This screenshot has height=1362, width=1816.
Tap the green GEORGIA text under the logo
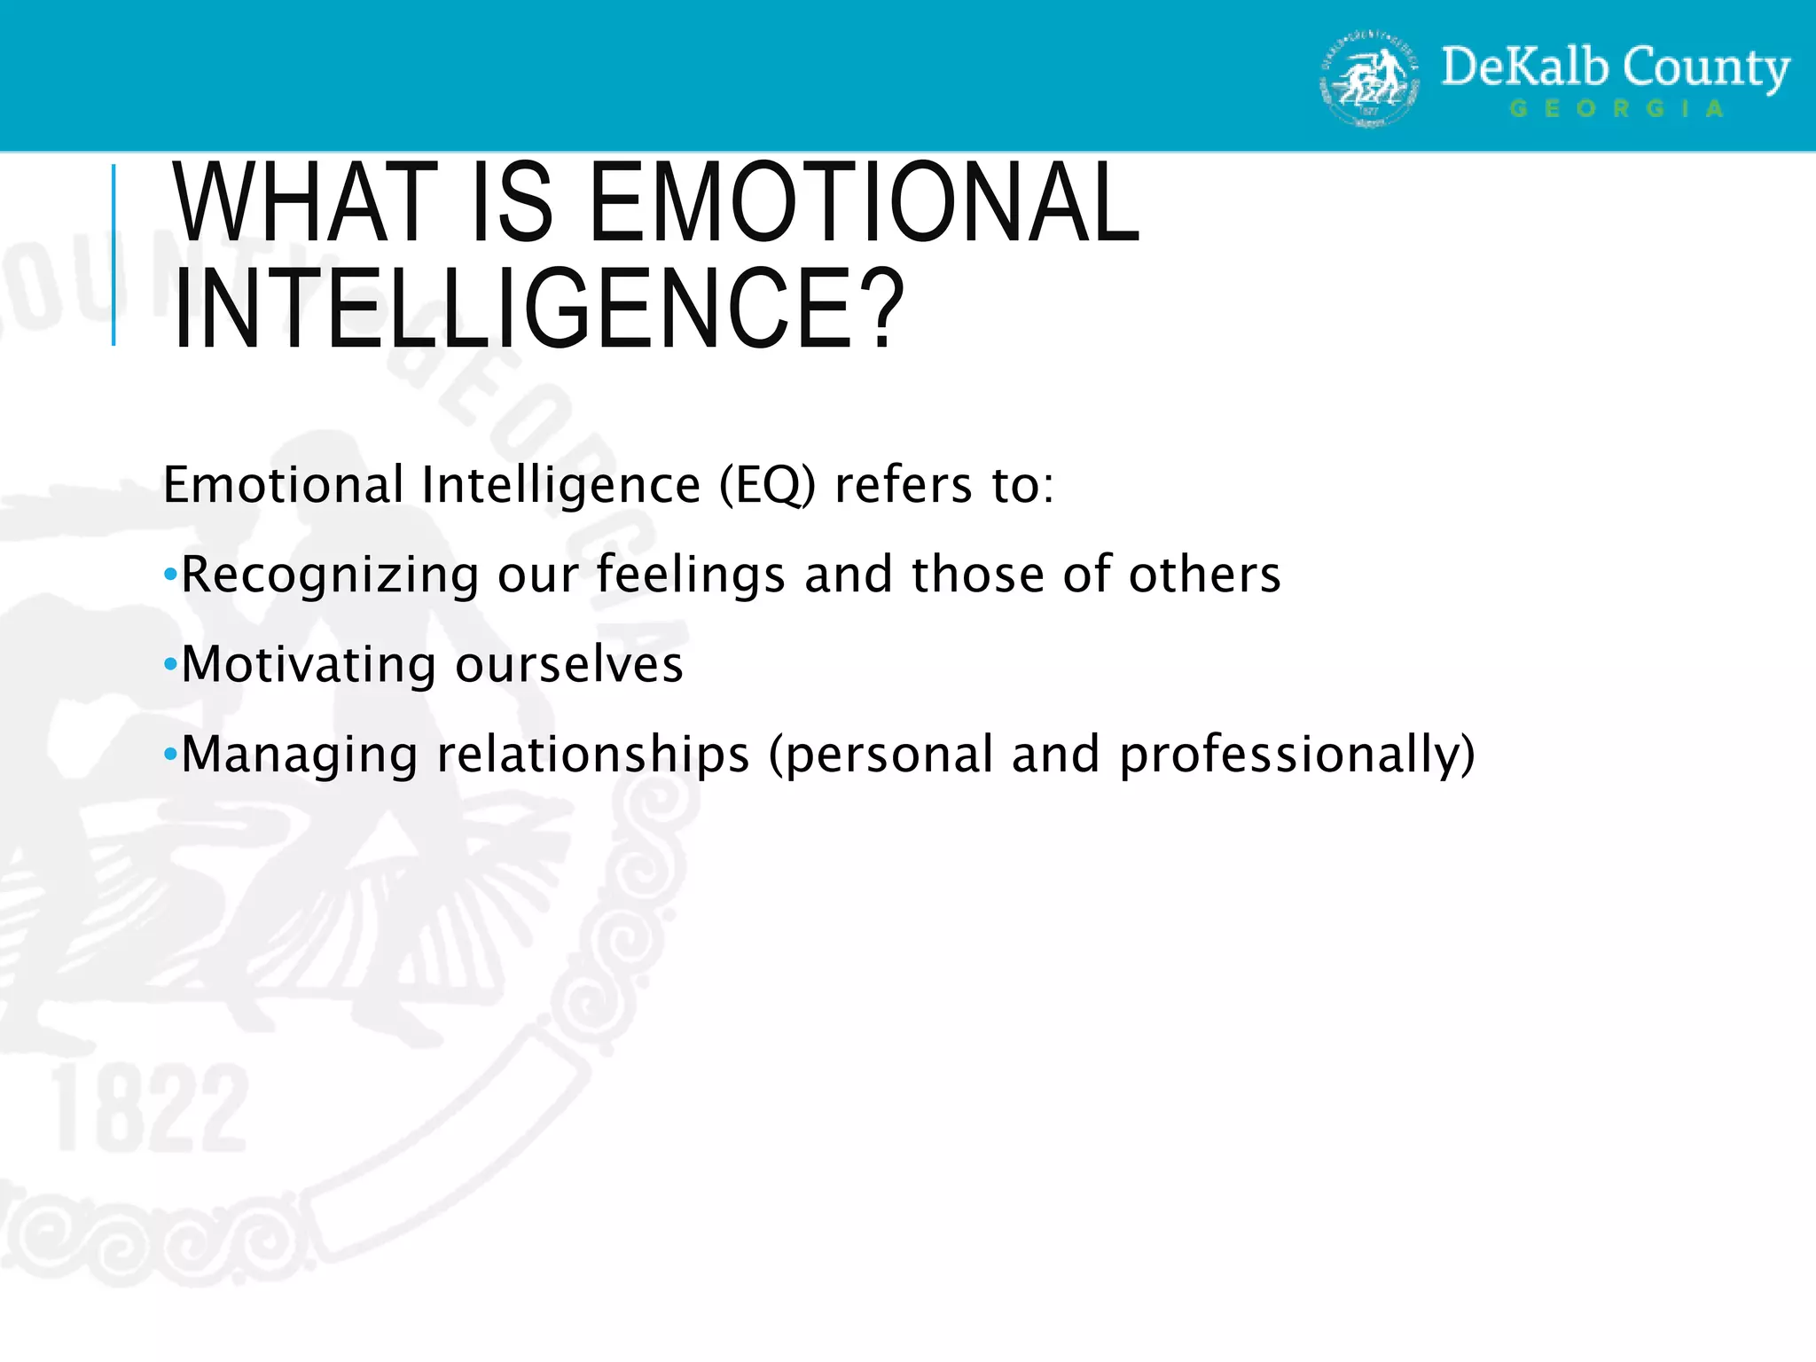click(x=1616, y=109)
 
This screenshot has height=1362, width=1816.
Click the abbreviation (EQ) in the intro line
click(x=766, y=485)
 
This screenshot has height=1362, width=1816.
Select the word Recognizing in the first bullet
click(x=330, y=575)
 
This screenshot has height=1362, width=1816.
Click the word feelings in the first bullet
click(x=691, y=575)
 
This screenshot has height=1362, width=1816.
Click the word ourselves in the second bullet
click(x=568, y=665)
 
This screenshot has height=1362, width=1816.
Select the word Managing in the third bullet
click(x=299, y=755)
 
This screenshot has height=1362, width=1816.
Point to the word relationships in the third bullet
click(x=593, y=755)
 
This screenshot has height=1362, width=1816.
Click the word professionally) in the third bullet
click(x=1297, y=755)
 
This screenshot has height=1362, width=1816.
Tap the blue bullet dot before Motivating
click(x=170, y=665)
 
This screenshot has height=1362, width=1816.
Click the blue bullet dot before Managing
click(x=170, y=755)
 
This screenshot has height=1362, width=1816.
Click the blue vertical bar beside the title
click(x=113, y=254)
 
